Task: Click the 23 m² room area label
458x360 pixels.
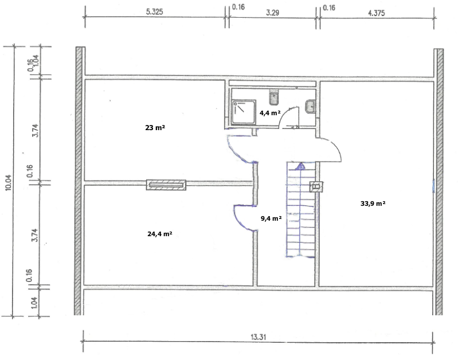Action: click(155, 128)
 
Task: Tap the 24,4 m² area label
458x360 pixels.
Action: click(160, 234)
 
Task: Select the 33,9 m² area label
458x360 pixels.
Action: click(373, 204)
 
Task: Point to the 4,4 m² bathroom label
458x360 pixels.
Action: click(270, 113)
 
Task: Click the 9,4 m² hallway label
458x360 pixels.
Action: click(271, 218)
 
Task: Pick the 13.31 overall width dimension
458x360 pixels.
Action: click(258, 337)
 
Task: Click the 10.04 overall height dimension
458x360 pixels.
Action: click(8, 183)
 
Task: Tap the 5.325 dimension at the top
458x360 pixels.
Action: click(155, 11)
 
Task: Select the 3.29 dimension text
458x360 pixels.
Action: click(272, 13)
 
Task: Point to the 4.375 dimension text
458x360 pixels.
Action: click(376, 13)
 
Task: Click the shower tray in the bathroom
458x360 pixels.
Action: click(244, 112)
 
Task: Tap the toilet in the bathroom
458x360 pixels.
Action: click(274, 99)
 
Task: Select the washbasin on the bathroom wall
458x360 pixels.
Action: click(310, 107)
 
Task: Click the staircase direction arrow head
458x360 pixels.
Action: click(300, 166)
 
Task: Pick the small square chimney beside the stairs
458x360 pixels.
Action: click(316, 186)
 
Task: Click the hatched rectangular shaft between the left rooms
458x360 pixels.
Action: click(166, 185)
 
